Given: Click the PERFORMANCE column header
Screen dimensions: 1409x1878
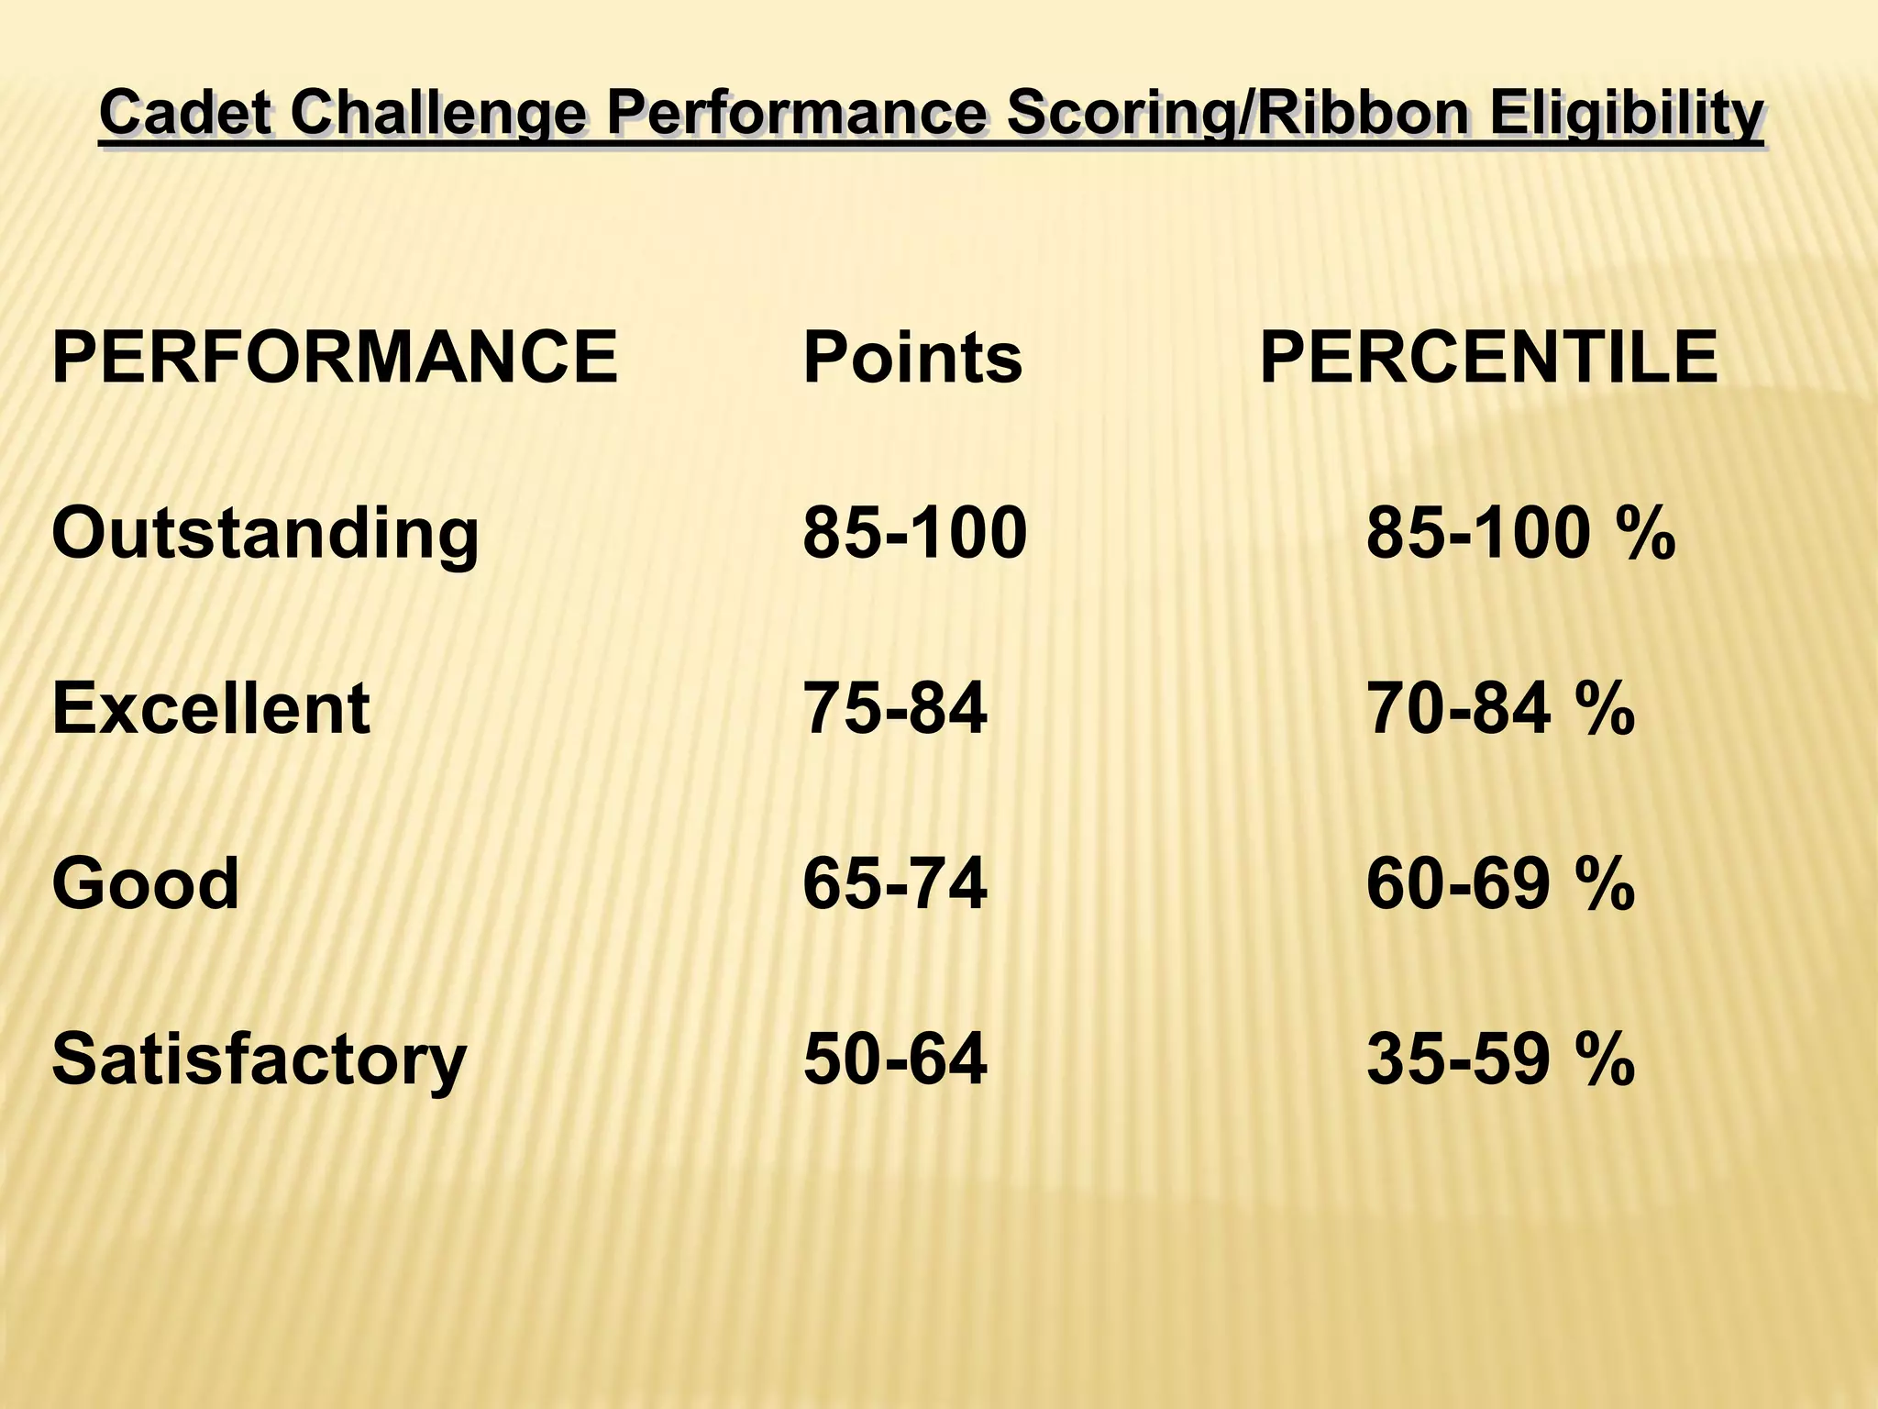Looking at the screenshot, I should click(335, 358).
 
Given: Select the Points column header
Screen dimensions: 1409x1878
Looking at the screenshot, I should click(912, 358).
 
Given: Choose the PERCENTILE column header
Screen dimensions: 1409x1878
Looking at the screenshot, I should click(1488, 358).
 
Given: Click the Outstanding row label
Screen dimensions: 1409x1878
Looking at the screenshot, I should click(265, 534).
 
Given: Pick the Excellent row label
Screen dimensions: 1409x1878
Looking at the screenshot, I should click(211, 709).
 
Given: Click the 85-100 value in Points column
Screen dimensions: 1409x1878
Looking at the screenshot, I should click(914, 534).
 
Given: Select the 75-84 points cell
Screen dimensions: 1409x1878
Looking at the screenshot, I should click(894, 709).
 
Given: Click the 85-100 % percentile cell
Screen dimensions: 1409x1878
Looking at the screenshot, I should click(1520, 534).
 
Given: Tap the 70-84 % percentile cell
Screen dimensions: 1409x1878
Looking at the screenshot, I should click(1500, 709).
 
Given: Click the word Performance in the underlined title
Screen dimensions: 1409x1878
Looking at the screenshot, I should click(796, 115).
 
